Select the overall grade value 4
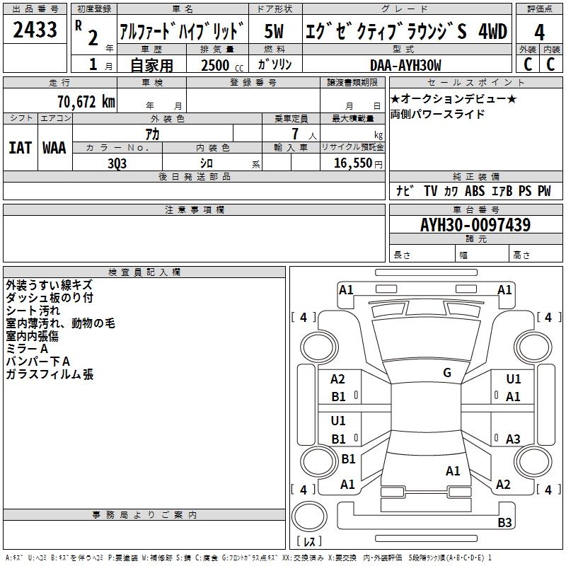539,32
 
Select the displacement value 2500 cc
216,65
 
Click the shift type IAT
20,147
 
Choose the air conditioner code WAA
54,147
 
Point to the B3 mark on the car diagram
504,523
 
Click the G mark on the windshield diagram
447,373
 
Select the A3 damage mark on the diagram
513,439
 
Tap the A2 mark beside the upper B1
338,379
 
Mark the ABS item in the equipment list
475,191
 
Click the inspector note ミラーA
27,349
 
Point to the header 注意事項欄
195,210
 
